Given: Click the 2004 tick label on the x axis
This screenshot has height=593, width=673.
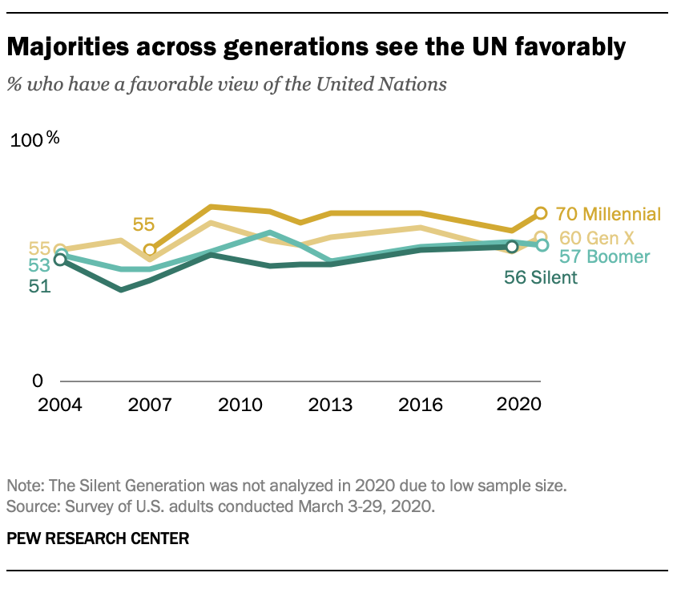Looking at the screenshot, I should [x=60, y=404].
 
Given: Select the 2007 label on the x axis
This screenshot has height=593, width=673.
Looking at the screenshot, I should [x=150, y=404].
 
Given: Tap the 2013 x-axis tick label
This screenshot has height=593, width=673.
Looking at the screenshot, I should [x=329, y=404].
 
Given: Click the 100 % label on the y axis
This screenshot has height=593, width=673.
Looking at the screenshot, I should [x=35, y=140].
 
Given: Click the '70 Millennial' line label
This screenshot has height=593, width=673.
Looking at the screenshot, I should [x=608, y=214].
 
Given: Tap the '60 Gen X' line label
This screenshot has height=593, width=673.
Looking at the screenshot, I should [x=597, y=238].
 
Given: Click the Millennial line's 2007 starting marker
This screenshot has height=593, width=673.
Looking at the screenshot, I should [x=150, y=250].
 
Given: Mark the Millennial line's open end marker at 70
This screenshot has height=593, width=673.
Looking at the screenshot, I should [x=540, y=213].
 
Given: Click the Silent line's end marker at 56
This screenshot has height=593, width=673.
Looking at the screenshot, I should [x=513, y=247].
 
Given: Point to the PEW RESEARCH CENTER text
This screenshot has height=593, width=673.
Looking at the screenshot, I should [x=98, y=538].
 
